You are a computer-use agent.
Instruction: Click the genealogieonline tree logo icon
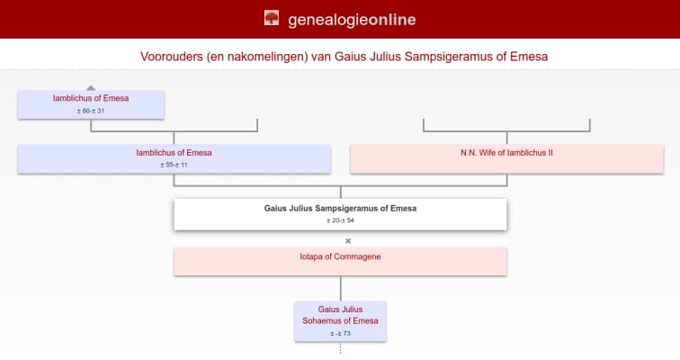tap(272, 18)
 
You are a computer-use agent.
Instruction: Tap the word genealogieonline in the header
tap(352, 19)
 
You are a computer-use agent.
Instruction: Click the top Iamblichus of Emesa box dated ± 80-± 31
tap(91, 103)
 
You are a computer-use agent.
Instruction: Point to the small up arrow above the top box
tap(91, 87)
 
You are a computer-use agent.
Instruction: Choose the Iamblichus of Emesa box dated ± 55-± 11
tap(174, 158)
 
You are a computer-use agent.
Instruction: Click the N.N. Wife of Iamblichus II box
tap(506, 158)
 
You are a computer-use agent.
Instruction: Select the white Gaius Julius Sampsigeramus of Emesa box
tap(340, 213)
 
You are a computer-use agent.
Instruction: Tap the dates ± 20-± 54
tap(340, 220)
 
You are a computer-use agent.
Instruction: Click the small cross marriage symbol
tap(348, 240)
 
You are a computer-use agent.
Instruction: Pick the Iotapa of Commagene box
tap(340, 261)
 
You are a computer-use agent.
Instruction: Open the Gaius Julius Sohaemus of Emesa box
tap(340, 319)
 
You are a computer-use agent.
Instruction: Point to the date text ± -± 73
tap(340, 334)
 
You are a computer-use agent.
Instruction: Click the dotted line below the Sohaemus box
tap(340, 348)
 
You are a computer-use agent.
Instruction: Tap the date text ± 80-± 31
tap(91, 111)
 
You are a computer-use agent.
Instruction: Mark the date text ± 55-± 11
tap(174, 166)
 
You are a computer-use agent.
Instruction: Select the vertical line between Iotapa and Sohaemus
tap(340, 288)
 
